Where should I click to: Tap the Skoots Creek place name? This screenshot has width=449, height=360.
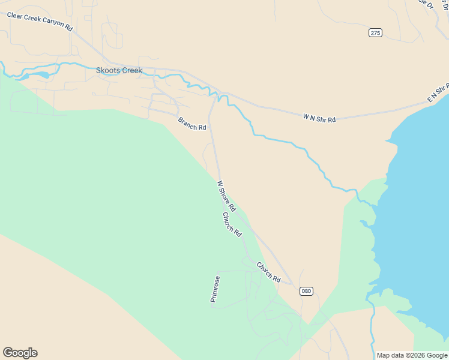coord(119,70)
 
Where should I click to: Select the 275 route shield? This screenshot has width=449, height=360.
coord(375,32)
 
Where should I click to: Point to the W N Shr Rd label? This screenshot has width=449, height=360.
coord(319,119)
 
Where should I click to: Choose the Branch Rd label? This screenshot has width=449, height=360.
coord(192,124)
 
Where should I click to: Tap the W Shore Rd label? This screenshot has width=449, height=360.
coord(226,196)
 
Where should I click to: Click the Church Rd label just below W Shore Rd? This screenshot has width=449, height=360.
coord(232,224)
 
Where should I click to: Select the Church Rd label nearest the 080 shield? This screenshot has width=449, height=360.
coord(269,272)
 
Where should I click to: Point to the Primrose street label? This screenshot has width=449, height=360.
coord(215,289)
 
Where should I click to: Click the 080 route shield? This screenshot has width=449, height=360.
coord(306,291)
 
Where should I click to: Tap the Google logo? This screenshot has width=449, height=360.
coord(20,353)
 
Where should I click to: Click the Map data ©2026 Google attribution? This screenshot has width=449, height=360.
coord(412,355)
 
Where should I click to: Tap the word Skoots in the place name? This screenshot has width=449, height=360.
coord(109,70)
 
